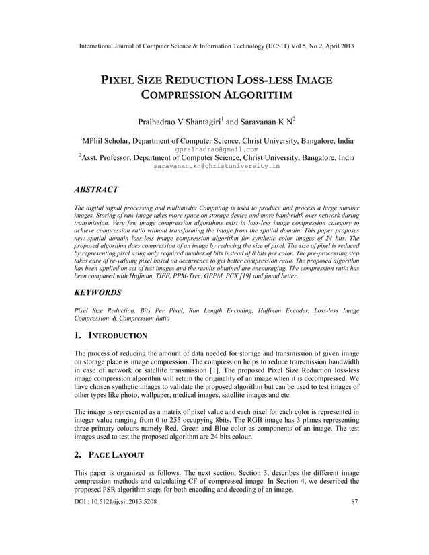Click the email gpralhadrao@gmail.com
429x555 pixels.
(x=214, y=151)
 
